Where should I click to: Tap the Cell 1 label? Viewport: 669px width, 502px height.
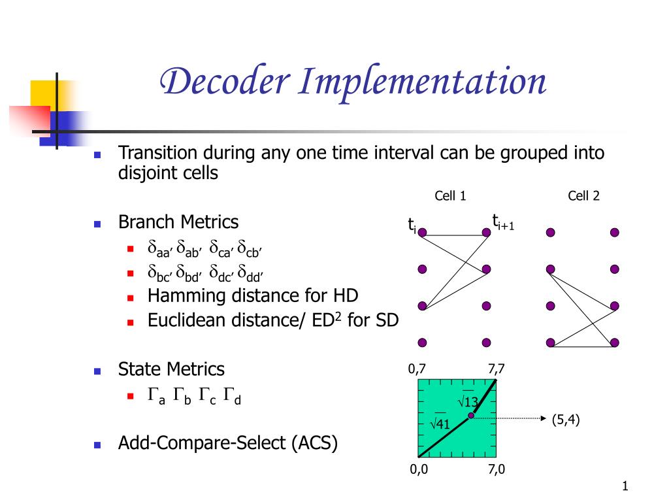pos(450,196)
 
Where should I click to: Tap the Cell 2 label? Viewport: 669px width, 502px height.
pos(583,196)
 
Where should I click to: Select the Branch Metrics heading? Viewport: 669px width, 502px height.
pos(178,222)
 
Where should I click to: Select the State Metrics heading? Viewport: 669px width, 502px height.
pos(171,369)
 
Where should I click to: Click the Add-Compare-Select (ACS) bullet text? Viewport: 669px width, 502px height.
pos(228,443)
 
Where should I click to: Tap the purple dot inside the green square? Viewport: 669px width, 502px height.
pos(471,416)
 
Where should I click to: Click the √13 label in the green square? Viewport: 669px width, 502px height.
pos(468,401)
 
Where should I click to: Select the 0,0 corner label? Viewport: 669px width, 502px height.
pos(419,469)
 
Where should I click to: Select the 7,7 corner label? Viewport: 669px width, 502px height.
pos(496,369)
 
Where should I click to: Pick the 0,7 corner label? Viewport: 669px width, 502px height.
pos(417,369)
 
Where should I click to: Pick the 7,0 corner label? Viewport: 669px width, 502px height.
pos(496,469)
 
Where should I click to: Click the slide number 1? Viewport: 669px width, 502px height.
pos(625,485)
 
